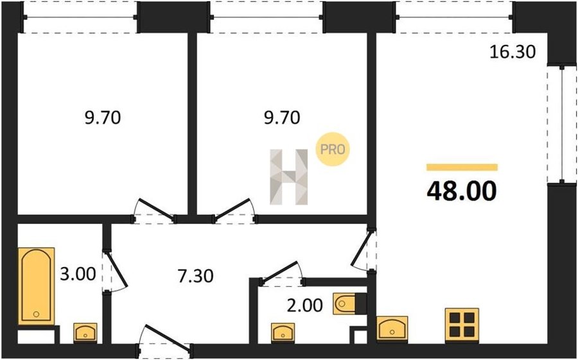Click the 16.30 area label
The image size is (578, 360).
click(512, 52)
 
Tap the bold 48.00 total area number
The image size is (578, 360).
click(462, 191)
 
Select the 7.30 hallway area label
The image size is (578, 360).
click(195, 276)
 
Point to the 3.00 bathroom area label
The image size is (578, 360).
click(78, 274)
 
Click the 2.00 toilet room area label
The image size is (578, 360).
click(305, 305)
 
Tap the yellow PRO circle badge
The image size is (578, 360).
click(333, 150)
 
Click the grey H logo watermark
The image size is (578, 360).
click(288, 177)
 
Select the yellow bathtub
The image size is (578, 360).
click(36, 286)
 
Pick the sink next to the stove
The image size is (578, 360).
click(392, 328)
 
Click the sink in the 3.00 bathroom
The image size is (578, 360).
click(85, 332)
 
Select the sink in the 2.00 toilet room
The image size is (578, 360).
click(283, 332)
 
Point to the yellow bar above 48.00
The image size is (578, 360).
click(462, 167)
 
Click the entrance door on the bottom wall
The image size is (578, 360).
click(164, 341)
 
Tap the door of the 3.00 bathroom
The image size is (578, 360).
click(115, 271)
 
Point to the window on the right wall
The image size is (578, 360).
click(562, 124)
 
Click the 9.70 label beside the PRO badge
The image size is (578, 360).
click(282, 118)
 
